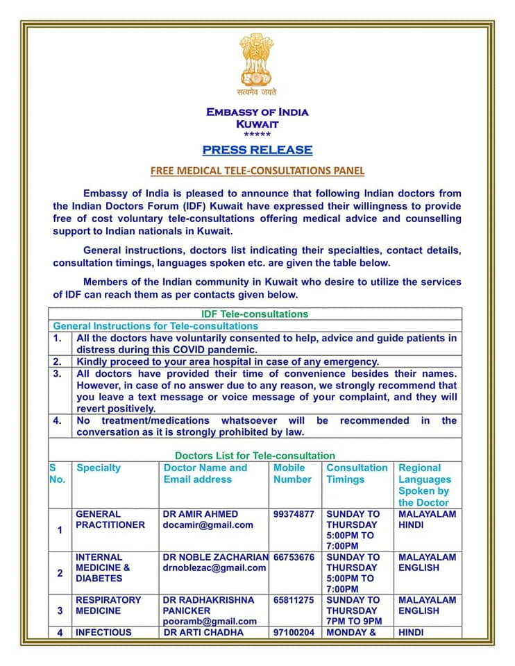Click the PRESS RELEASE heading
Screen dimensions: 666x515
[257, 150]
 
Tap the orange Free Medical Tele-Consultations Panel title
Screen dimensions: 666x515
[257, 170]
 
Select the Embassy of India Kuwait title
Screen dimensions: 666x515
[257, 118]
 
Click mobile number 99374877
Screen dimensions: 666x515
[294, 514]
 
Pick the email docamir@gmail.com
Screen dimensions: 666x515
[208, 525]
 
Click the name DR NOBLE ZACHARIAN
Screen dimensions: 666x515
[215, 557]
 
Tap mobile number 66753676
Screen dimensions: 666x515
[294, 557]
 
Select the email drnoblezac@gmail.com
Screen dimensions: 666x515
[214, 567]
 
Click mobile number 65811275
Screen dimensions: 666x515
[294, 600]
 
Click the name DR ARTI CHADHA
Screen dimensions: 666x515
[203, 632]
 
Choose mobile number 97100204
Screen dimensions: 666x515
[294, 632]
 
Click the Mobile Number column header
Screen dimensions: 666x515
[293, 473]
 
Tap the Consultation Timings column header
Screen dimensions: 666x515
[357, 473]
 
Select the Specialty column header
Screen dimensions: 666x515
[99, 468]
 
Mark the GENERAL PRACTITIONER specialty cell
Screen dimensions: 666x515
[110, 520]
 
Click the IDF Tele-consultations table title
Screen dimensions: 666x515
[254, 314]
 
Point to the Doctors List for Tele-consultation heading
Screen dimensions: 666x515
[255, 456]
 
